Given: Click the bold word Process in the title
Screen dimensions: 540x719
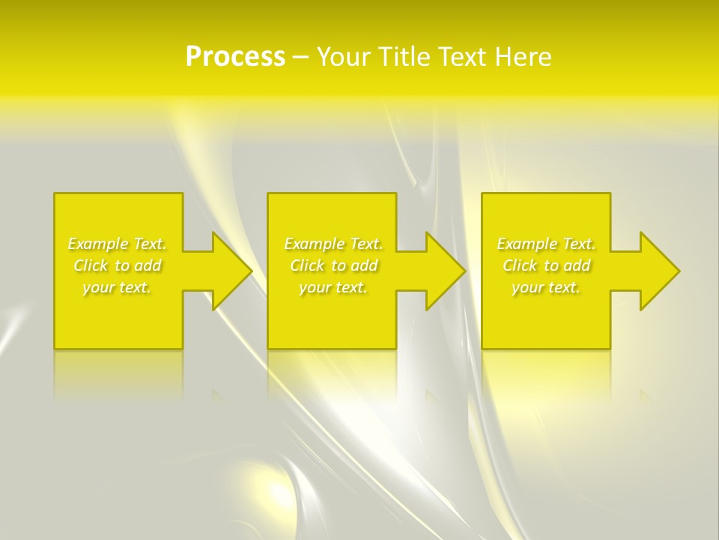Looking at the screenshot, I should (235, 57).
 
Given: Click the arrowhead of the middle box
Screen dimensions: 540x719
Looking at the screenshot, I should (444, 271).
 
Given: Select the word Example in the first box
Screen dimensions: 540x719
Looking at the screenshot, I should (98, 244).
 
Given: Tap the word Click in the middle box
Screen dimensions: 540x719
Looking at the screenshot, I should (306, 265).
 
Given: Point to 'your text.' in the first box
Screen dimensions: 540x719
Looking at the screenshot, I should (117, 287).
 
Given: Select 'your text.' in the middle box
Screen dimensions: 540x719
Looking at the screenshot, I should (333, 287).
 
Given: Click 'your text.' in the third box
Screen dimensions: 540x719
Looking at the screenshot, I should (546, 287).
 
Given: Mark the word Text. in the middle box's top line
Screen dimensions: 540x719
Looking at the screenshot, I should (366, 244).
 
